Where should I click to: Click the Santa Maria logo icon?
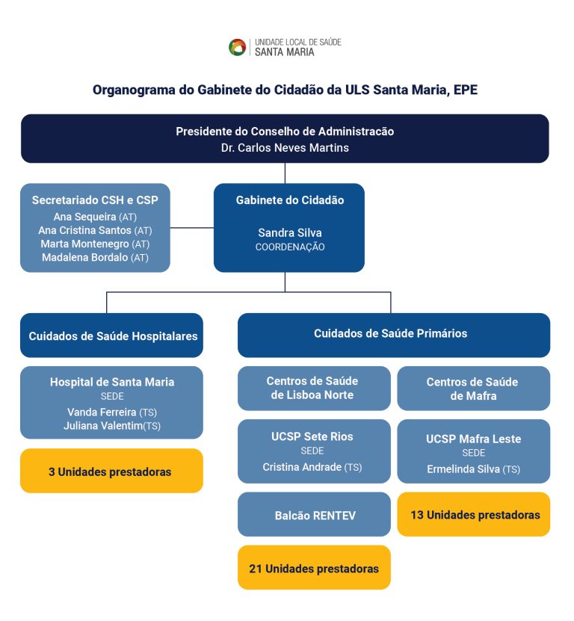pyautogui.click(x=238, y=47)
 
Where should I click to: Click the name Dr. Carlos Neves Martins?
pyautogui.click(x=285, y=147)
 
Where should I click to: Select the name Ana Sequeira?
pyautogui.click(x=84, y=217)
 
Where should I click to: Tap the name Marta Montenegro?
pyautogui.click(x=84, y=244)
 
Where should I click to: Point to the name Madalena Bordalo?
pyautogui.click(x=84, y=258)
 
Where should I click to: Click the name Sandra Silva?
pyautogui.click(x=289, y=232)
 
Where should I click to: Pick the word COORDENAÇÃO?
pyautogui.click(x=289, y=247)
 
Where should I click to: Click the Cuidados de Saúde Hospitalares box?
pyautogui.click(x=112, y=336)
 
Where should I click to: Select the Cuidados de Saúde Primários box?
pyautogui.click(x=393, y=334)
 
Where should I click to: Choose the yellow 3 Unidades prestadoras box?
pyautogui.click(x=111, y=471)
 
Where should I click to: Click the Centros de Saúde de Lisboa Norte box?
pyautogui.click(x=314, y=388)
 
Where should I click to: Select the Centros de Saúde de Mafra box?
pyautogui.click(x=473, y=388)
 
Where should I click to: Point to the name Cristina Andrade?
pyautogui.click(x=302, y=467)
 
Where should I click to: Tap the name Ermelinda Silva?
pyautogui.click(x=463, y=469)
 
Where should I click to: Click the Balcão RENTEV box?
pyautogui.click(x=314, y=514)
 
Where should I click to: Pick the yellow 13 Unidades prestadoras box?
pyautogui.click(x=473, y=514)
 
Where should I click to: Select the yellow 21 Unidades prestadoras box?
pyautogui.click(x=314, y=568)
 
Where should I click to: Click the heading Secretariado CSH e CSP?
pyautogui.click(x=95, y=200)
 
